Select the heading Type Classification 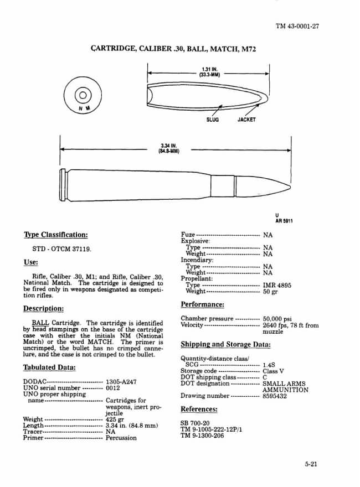(x=55, y=235)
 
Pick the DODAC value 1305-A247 (x=121, y=382)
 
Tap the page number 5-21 (x=310, y=465)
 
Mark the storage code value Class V (x=273, y=371)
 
